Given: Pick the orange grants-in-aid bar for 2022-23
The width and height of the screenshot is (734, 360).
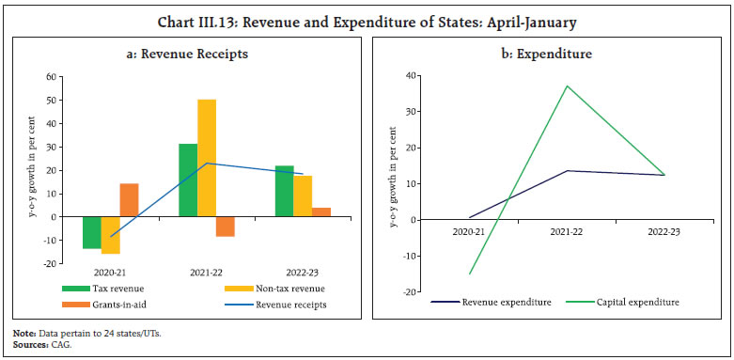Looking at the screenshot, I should [x=320, y=212].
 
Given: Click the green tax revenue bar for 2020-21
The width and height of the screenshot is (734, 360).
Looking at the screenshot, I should [x=91, y=232].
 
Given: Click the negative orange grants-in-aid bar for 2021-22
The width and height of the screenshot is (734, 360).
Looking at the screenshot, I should [x=225, y=227].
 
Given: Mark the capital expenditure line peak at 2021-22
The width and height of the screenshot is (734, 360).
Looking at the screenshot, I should [x=568, y=86].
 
